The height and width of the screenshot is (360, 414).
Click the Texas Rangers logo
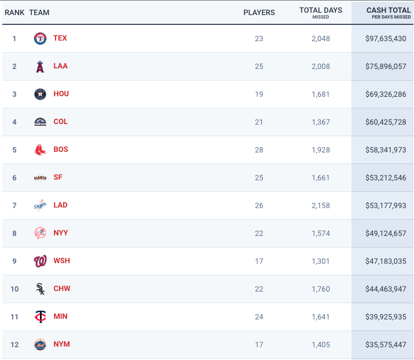[40, 38]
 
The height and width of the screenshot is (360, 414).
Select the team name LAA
[60, 66]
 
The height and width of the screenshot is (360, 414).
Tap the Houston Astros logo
[40, 94]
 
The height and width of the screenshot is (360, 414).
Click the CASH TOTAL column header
[388, 10]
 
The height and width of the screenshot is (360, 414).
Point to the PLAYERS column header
[259, 12]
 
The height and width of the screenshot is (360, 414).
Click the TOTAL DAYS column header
[320, 10]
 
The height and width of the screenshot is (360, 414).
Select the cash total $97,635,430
[386, 38]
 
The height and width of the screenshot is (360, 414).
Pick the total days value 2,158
[320, 205]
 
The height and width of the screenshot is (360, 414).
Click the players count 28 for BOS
[259, 150]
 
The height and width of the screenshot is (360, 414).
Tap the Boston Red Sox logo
[40, 150]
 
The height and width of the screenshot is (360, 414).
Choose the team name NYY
[61, 233]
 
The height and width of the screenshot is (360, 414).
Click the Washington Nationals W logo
[40, 261]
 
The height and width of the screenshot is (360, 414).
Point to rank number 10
[14, 289]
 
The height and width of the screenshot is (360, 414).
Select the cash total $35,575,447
[386, 344]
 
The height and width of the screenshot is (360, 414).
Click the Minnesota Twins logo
[40, 317]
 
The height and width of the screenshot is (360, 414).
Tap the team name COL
[60, 122]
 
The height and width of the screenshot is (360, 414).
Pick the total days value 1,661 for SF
[320, 177]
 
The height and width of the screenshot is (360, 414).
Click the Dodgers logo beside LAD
[40, 205]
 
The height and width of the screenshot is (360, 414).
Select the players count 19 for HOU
[259, 94]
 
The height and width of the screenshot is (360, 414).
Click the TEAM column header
[39, 12]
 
